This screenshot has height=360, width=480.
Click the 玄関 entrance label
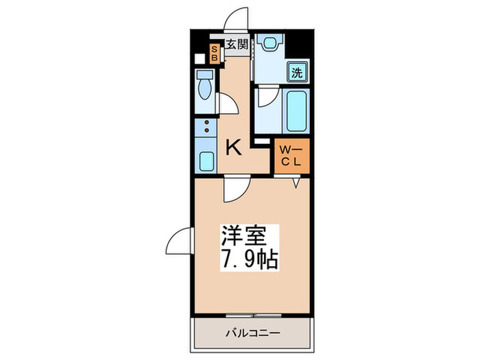[x=237, y=46]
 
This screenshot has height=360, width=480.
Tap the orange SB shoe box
[x=214, y=53]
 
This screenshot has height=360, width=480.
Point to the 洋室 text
[x=240, y=235]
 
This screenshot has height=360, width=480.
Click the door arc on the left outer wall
[x=178, y=240]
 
